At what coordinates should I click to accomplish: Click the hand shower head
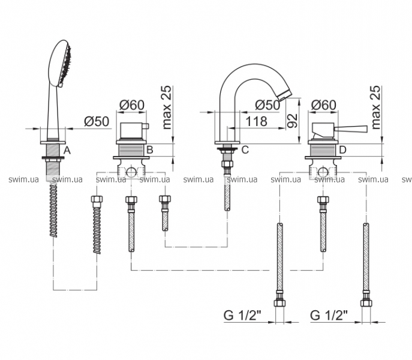[x=60, y=64]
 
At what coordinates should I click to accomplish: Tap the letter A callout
[x=67, y=151]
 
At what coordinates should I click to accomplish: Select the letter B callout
[x=150, y=150]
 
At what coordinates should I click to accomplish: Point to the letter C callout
[x=245, y=150]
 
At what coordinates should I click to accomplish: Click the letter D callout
[x=342, y=150]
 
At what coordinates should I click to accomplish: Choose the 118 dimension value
[x=256, y=121]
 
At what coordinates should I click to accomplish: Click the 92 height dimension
[x=292, y=121]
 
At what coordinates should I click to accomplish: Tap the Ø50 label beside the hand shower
[x=97, y=121]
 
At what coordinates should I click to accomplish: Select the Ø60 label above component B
[x=132, y=105]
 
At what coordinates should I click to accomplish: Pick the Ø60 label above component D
[x=323, y=105]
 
